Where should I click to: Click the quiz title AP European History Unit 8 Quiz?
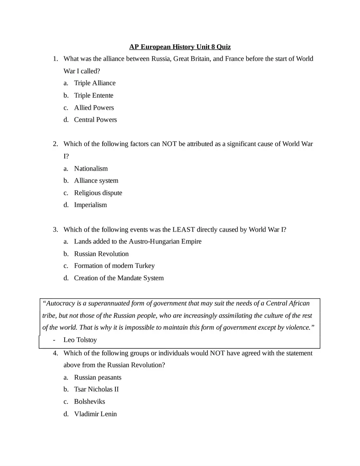180,47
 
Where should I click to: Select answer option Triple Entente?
94,95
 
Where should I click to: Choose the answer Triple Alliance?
94,83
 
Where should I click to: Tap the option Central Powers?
95,120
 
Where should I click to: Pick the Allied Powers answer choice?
94,108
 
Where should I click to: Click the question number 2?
55,144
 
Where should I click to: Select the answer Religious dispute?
98,193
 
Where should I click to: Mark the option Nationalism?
91,169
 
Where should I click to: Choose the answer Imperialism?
90,205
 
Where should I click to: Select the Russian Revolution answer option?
101,254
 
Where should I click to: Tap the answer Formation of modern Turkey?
114,266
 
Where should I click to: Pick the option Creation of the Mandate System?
119,278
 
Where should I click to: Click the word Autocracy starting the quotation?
61,304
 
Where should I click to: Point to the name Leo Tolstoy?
80,340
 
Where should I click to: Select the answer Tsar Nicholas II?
96,389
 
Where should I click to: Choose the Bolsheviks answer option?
89,402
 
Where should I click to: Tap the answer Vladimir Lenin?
95,414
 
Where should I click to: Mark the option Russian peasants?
97,377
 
